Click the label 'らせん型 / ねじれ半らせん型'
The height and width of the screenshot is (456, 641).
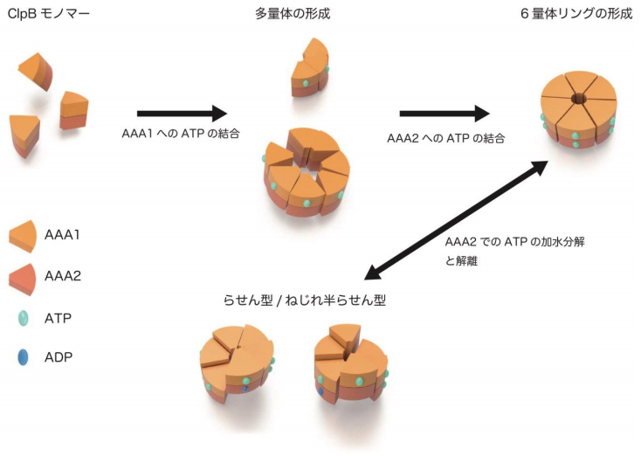click(x=305, y=300)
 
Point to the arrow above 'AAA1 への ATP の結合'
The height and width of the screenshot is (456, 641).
click(x=182, y=114)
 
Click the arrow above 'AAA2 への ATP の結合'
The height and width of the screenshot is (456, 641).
click(x=444, y=114)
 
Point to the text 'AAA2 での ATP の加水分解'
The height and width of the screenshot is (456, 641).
click(x=513, y=242)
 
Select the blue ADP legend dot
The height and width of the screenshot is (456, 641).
click(x=26, y=356)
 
